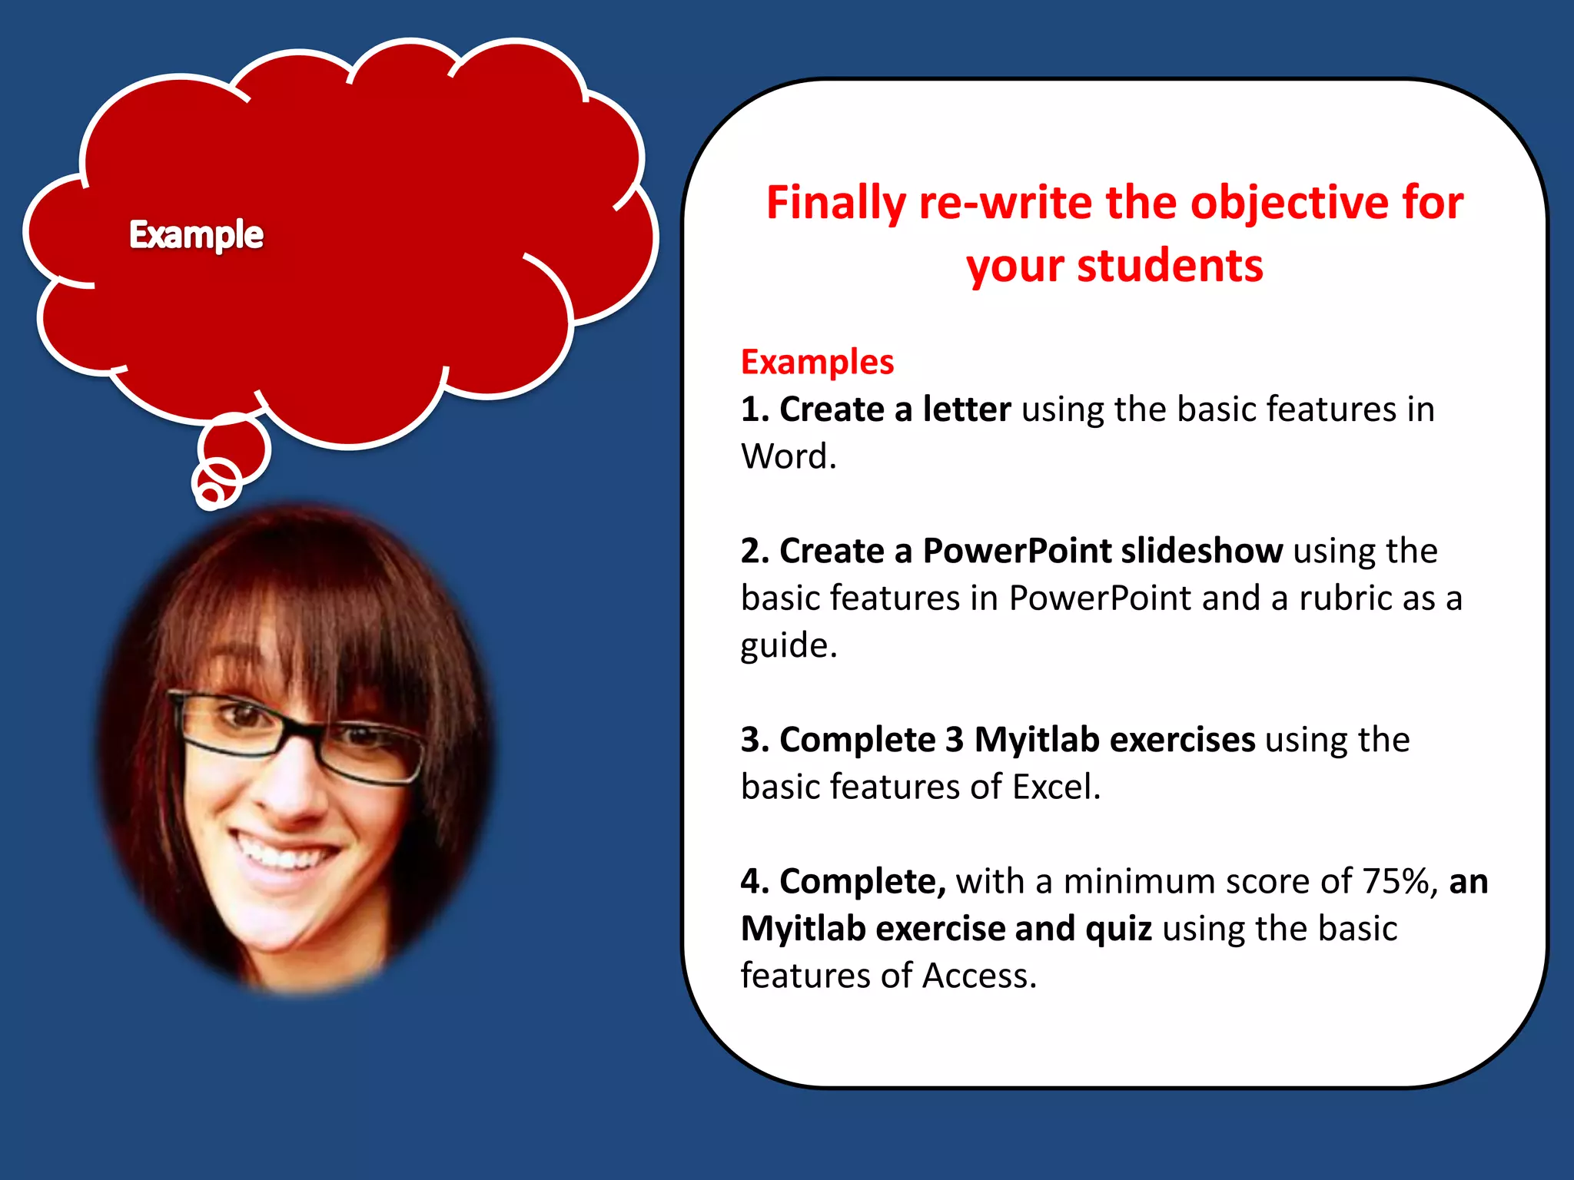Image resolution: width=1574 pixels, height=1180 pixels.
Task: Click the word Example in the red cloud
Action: pos(196,234)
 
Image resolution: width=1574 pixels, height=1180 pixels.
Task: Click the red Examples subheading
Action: pos(817,362)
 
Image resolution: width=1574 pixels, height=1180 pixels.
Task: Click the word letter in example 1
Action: pos(966,409)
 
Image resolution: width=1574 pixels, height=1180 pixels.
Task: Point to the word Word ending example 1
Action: pos(788,456)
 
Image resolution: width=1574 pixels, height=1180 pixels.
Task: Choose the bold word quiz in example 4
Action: pos(1118,929)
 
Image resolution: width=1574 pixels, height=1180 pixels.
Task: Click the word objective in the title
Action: pos(1290,204)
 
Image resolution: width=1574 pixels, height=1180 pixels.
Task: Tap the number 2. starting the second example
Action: pos(755,551)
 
